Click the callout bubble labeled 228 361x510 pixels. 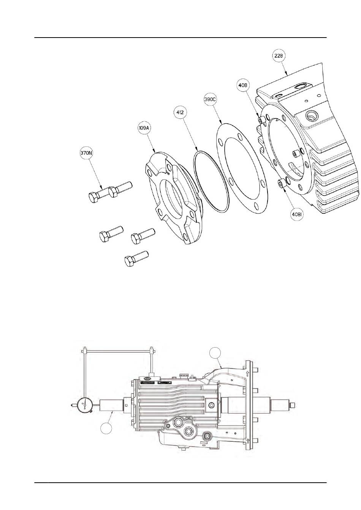279,56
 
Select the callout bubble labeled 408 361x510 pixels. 243,85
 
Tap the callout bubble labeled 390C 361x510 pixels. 210,100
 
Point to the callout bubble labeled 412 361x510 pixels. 180,112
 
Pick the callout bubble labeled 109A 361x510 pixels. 144,128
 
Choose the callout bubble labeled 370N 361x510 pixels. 86,153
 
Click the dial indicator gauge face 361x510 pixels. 84,405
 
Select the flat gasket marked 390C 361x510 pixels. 242,168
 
